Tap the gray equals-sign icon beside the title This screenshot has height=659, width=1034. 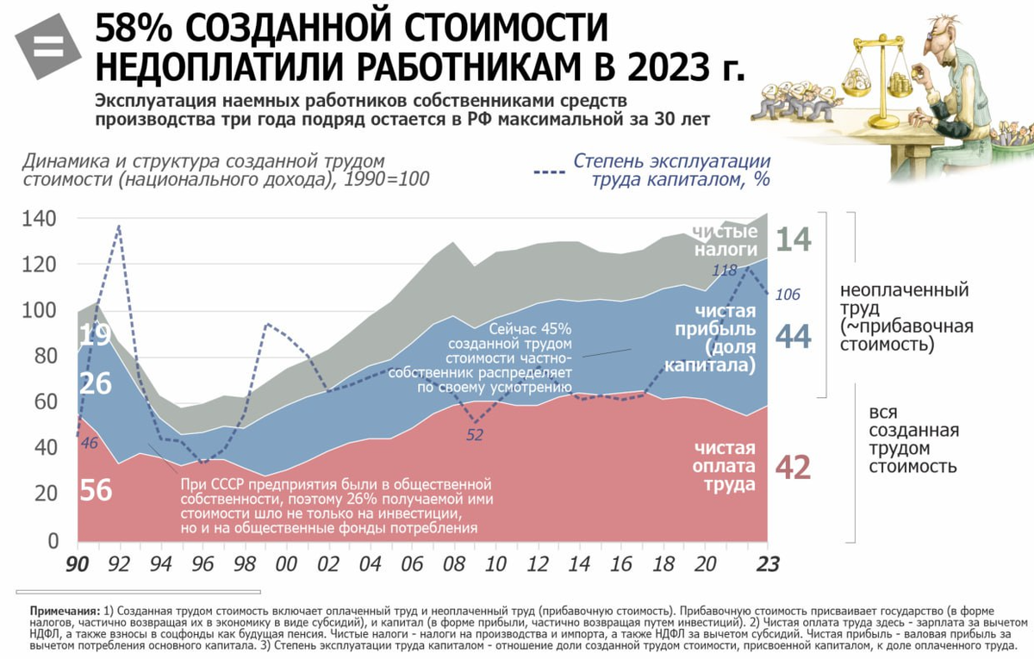[47, 47]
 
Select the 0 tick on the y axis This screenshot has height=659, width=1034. [52, 540]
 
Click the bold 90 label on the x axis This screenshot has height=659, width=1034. [78, 563]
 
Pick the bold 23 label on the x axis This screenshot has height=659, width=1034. [767, 563]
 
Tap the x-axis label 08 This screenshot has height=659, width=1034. [453, 563]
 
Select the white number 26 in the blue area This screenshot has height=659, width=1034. [95, 383]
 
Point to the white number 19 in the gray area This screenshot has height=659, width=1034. [95, 334]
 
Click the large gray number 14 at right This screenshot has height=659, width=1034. [794, 239]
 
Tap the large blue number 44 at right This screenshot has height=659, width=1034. [794, 337]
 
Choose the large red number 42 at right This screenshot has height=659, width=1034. [794, 467]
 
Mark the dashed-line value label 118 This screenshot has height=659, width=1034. [725, 270]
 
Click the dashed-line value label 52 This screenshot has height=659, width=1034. [475, 435]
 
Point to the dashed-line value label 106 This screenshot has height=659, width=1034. [788, 295]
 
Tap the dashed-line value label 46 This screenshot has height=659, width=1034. [88, 444]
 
